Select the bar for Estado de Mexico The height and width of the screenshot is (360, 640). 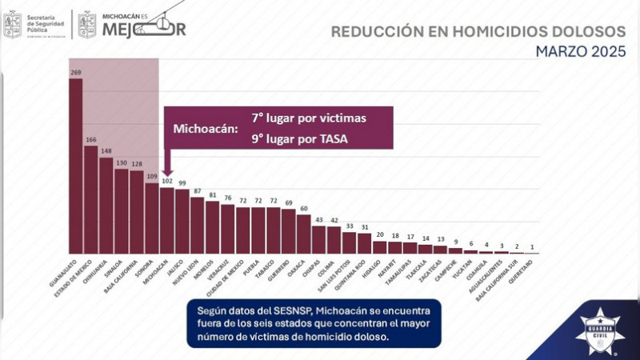point(91,199)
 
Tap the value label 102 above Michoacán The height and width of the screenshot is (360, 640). point(167,181)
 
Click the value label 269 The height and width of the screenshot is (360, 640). point(76,73)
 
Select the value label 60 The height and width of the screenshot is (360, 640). point(304,209)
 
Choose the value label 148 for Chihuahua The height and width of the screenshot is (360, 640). point(106,152)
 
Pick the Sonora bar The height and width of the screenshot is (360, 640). point(152,218)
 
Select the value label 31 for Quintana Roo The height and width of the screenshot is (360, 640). point(365,227)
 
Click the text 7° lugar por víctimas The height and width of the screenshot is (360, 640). point(309,118)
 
